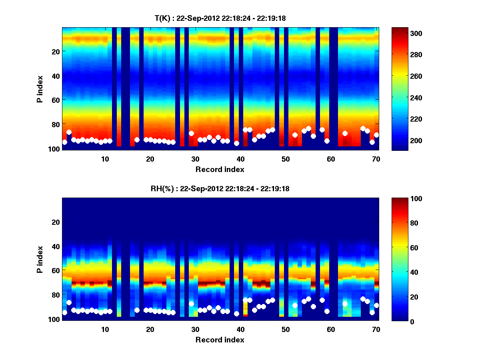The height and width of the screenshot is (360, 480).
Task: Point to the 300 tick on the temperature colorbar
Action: pos(416,33)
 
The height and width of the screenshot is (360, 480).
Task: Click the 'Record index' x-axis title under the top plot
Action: pos(220,170)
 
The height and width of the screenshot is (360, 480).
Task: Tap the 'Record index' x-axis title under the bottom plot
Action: pos(220,340)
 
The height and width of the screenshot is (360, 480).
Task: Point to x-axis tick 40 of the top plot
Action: pos(240,159)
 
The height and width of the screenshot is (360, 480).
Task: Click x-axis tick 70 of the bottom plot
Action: pos(376,329)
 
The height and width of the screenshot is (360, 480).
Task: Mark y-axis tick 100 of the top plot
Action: pos(55,149)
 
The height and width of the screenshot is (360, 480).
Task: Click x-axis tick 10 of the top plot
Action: pos(105,159)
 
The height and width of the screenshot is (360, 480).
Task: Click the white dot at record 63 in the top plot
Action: pos(345,133)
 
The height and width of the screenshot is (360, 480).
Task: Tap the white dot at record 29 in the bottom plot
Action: pos(191,304)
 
